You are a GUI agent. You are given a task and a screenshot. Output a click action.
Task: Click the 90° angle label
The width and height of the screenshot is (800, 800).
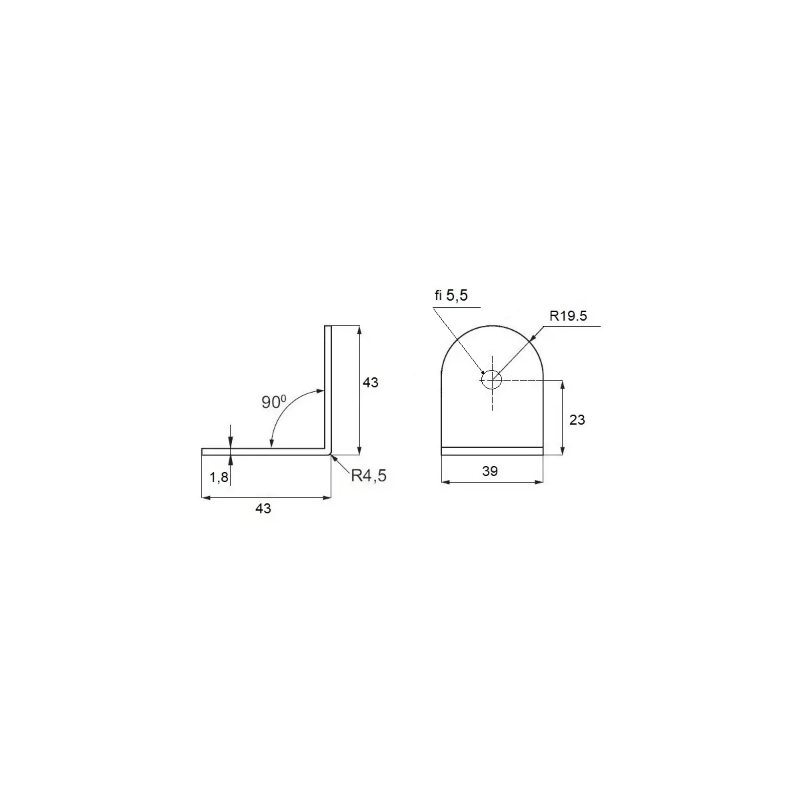pos(273,402)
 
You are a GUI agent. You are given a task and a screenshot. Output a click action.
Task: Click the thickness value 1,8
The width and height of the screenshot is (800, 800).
pos(219,477)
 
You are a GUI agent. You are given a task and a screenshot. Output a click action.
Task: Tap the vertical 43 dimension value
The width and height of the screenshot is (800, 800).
pos(370,383)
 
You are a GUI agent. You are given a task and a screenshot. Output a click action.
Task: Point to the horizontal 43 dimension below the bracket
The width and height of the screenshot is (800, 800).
pos(263,509)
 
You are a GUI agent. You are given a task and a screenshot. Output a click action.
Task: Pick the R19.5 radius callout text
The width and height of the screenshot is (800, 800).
pos(569,316)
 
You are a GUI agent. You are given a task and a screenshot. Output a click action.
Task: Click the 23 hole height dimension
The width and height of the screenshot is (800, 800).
pos(577,420)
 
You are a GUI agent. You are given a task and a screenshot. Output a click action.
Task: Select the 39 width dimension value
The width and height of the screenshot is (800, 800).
pos(490,471)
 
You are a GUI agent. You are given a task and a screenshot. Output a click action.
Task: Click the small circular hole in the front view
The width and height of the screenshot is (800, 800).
pos(491,379)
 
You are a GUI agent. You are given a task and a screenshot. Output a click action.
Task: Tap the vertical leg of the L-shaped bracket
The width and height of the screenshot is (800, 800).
pos(327,387)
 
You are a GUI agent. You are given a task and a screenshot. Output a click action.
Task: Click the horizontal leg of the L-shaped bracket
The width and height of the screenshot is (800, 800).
pos(267,452)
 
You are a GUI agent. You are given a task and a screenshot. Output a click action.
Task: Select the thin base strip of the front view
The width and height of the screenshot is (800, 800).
pos(492,451)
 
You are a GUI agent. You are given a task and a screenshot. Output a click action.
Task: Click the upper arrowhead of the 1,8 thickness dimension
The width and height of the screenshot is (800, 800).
pos(230,443)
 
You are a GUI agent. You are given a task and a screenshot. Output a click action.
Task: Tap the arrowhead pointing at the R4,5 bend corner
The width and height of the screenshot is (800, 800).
pos(334,457)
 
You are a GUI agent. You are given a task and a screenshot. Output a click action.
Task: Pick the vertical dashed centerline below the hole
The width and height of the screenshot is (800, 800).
pos(491,400)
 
